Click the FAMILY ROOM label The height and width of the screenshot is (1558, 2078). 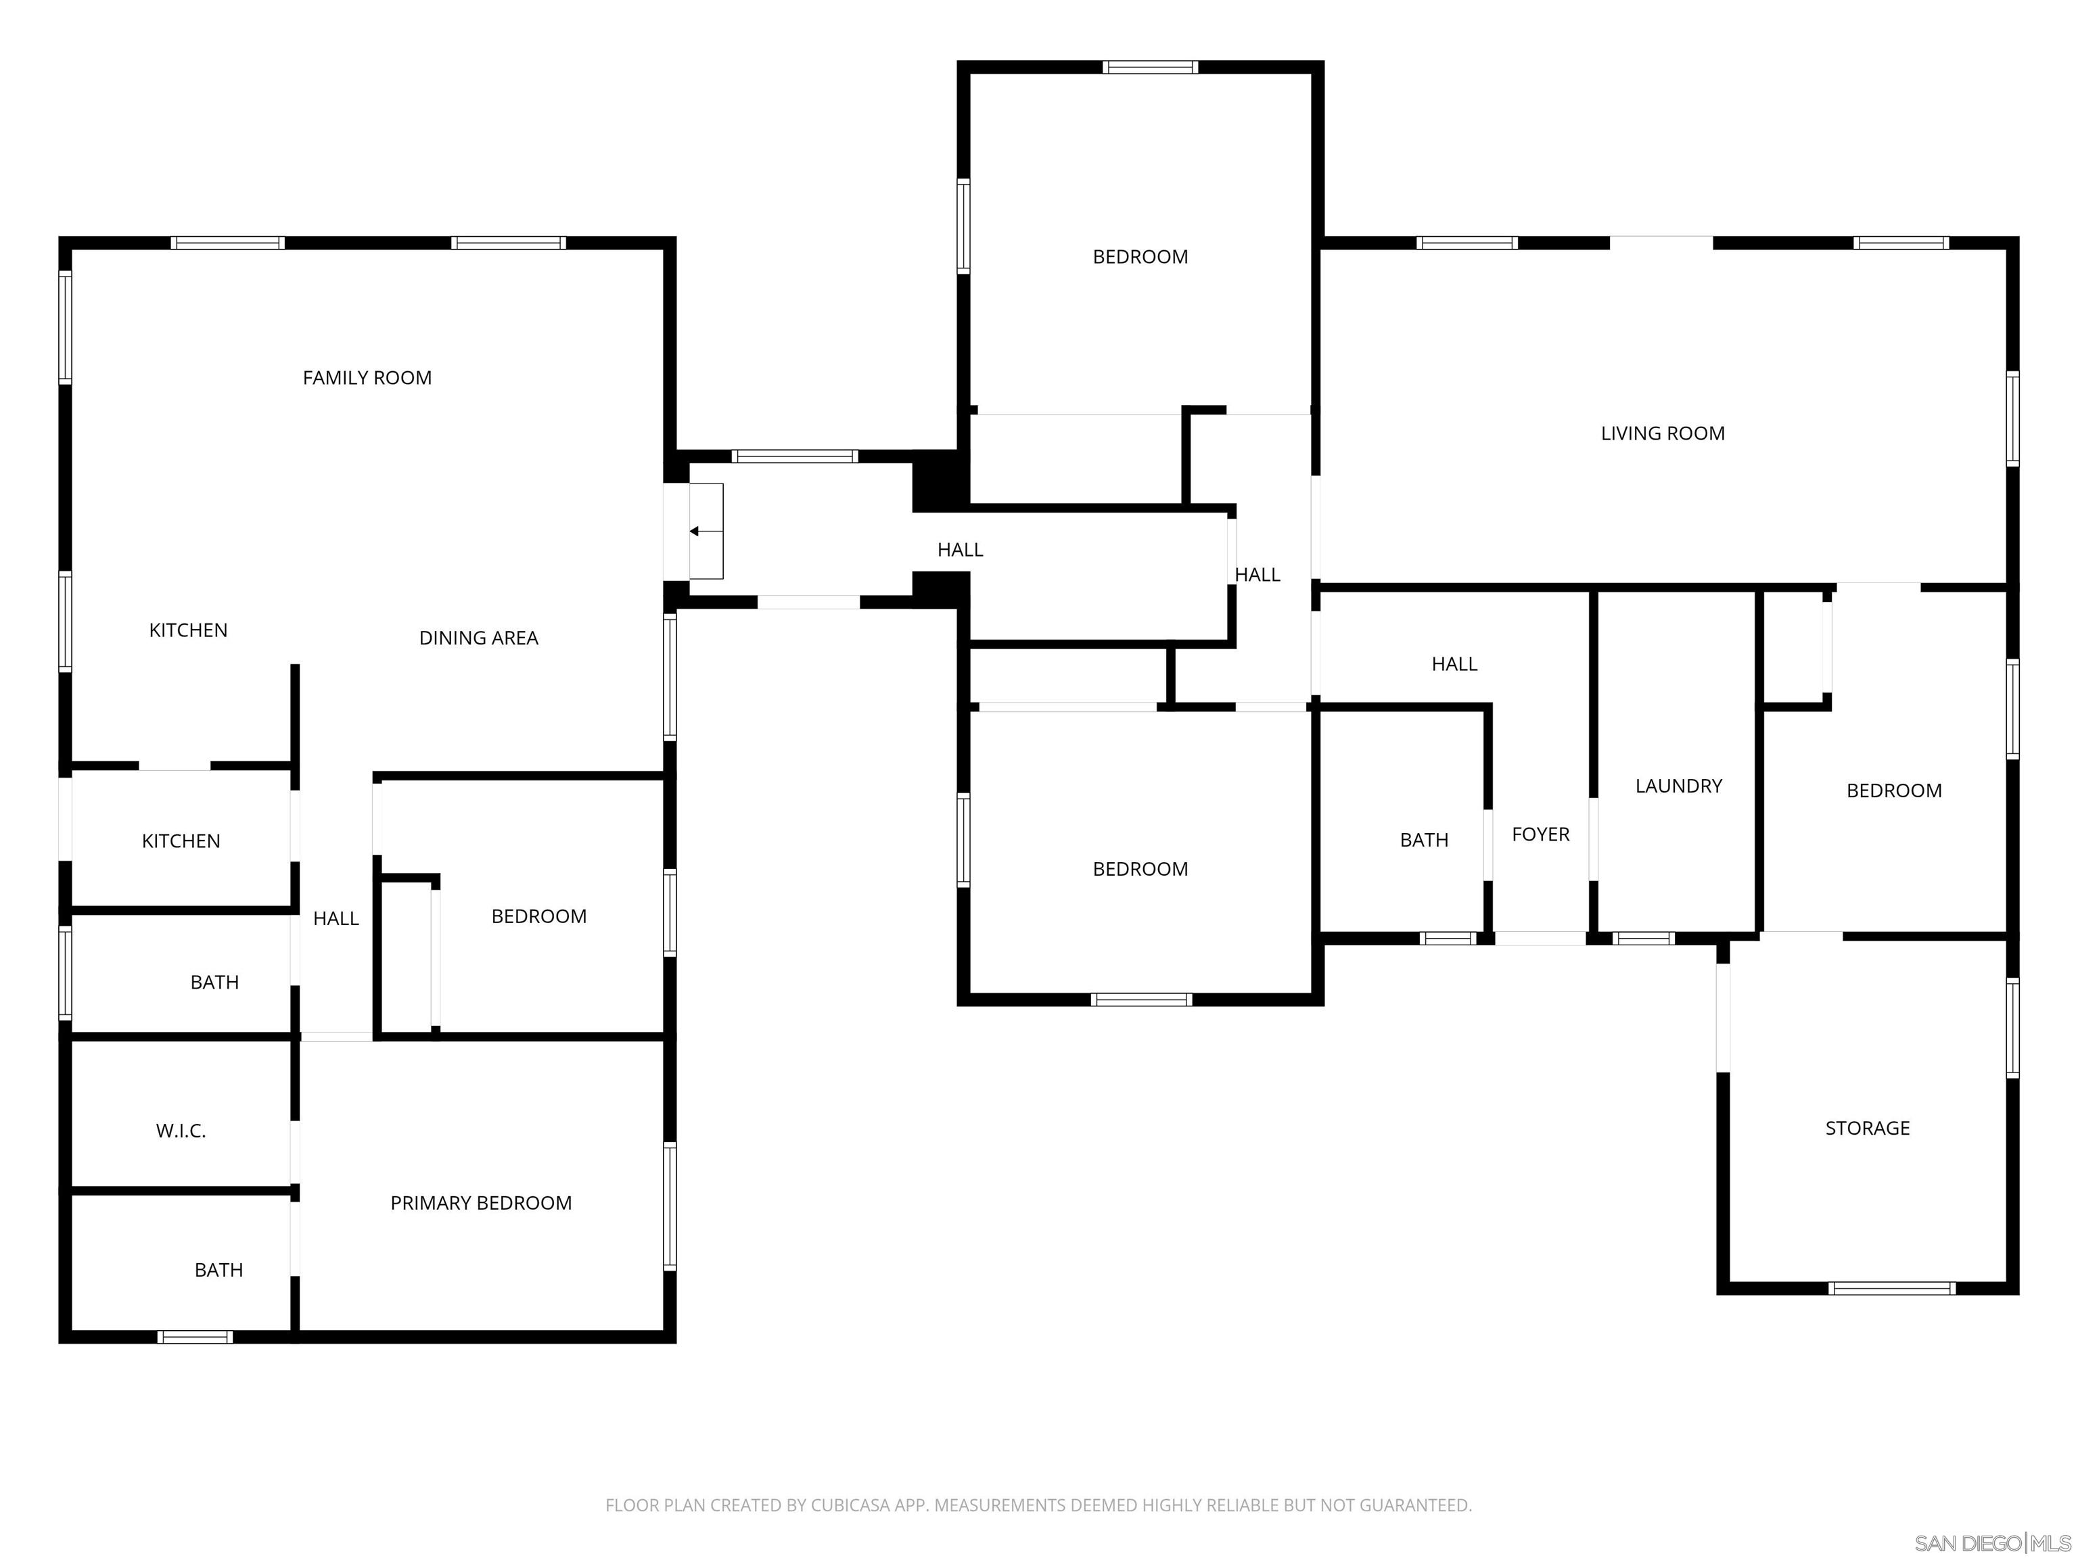[x=367, y=377]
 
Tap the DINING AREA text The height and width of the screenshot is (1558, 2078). [x=478, y=638]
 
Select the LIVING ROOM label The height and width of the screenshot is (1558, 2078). [x=1662, y=433]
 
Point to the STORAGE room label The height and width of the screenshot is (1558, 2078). [x=1867, y=1128]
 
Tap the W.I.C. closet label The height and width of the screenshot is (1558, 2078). [x=181, y=1131]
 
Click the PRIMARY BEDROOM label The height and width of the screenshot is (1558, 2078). [x=480, y=1203]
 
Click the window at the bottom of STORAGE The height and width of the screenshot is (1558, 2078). [x=1892, y=1288]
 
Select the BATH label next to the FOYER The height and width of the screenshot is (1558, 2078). [x=1423, y=840]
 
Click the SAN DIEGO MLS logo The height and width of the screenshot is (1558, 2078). [x=1993, y=1543]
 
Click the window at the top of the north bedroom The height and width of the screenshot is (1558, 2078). [x=1150, y=67]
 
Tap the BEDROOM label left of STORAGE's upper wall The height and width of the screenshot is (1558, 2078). [x=1894, y=790]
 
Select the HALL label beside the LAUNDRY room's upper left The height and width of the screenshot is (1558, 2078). [x=1454, y=664]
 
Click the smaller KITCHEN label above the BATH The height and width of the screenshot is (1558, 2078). [x=181, y=841]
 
